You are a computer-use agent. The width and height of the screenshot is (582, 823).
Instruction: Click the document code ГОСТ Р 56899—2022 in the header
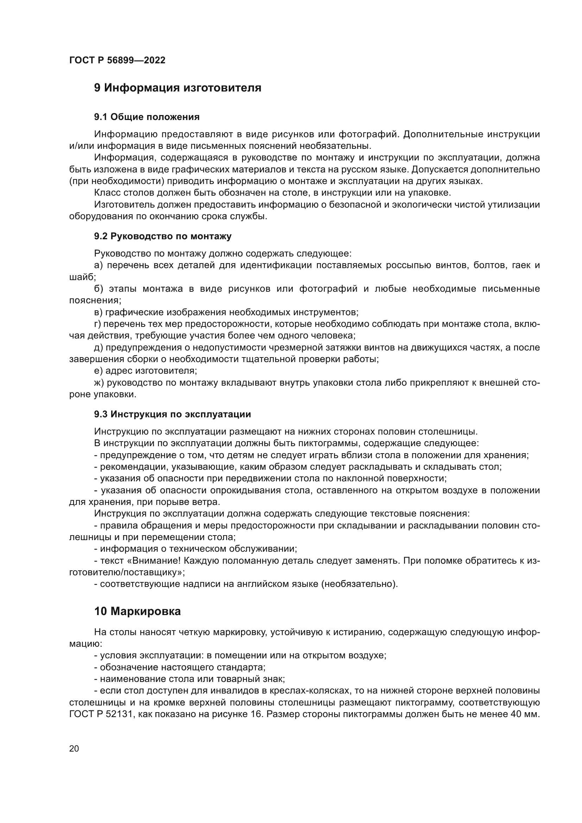(117, 60)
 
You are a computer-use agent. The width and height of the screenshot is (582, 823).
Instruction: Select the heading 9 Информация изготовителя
(177, 88)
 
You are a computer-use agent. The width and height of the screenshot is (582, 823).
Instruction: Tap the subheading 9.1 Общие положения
(147, 117)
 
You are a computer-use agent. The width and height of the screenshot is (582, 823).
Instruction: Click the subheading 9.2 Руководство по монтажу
(163, 236)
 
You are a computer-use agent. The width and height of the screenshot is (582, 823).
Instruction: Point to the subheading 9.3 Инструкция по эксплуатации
(172, 414)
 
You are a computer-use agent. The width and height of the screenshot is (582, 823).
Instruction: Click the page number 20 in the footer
(74, 749)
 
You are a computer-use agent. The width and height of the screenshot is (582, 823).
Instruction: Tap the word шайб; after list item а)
(82, 277)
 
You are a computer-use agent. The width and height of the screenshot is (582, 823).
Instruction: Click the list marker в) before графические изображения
(98, 312)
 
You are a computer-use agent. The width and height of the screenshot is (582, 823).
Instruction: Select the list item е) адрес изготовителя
(146, 371)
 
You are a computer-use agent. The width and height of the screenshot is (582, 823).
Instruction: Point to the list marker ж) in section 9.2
(99, 382)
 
